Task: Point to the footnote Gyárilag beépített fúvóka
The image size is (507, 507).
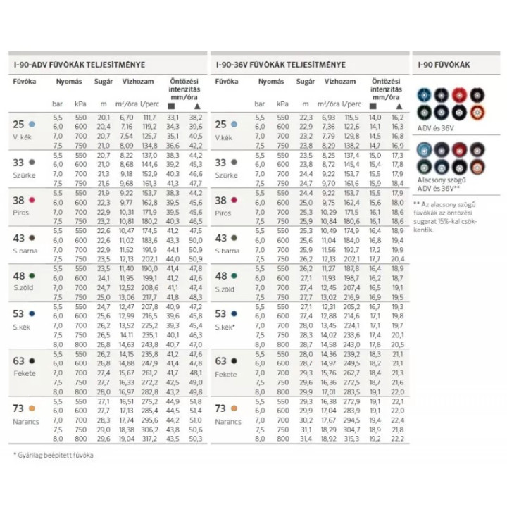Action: tap(53, 455)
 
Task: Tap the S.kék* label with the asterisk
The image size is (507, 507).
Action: tap(226, 326)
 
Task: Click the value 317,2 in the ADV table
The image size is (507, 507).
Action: tap(149, 438)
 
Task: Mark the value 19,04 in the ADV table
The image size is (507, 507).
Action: tap(126, 438)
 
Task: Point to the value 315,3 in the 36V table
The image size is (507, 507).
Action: tap(351, 438)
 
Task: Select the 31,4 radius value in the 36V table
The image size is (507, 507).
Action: tap(305, 438)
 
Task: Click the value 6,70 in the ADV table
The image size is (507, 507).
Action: tap(126, 116)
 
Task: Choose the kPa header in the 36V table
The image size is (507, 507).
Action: tap(283, 103)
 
